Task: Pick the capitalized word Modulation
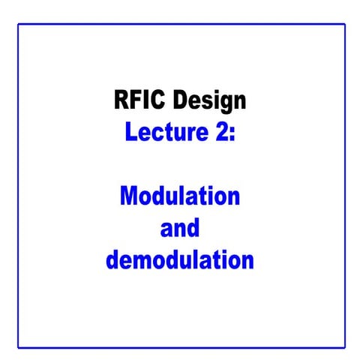(x=180, y=197)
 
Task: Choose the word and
(x=179, y=229)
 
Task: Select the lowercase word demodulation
(x=180, y=261)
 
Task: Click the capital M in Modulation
(x=129, y=197)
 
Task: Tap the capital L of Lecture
(x=130, y=132)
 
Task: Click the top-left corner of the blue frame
(x=19, y=24)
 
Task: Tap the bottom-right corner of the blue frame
(x=345, y=347)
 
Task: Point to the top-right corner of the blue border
(x=345, y=24)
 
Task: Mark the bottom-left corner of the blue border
(x=19, y=347)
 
